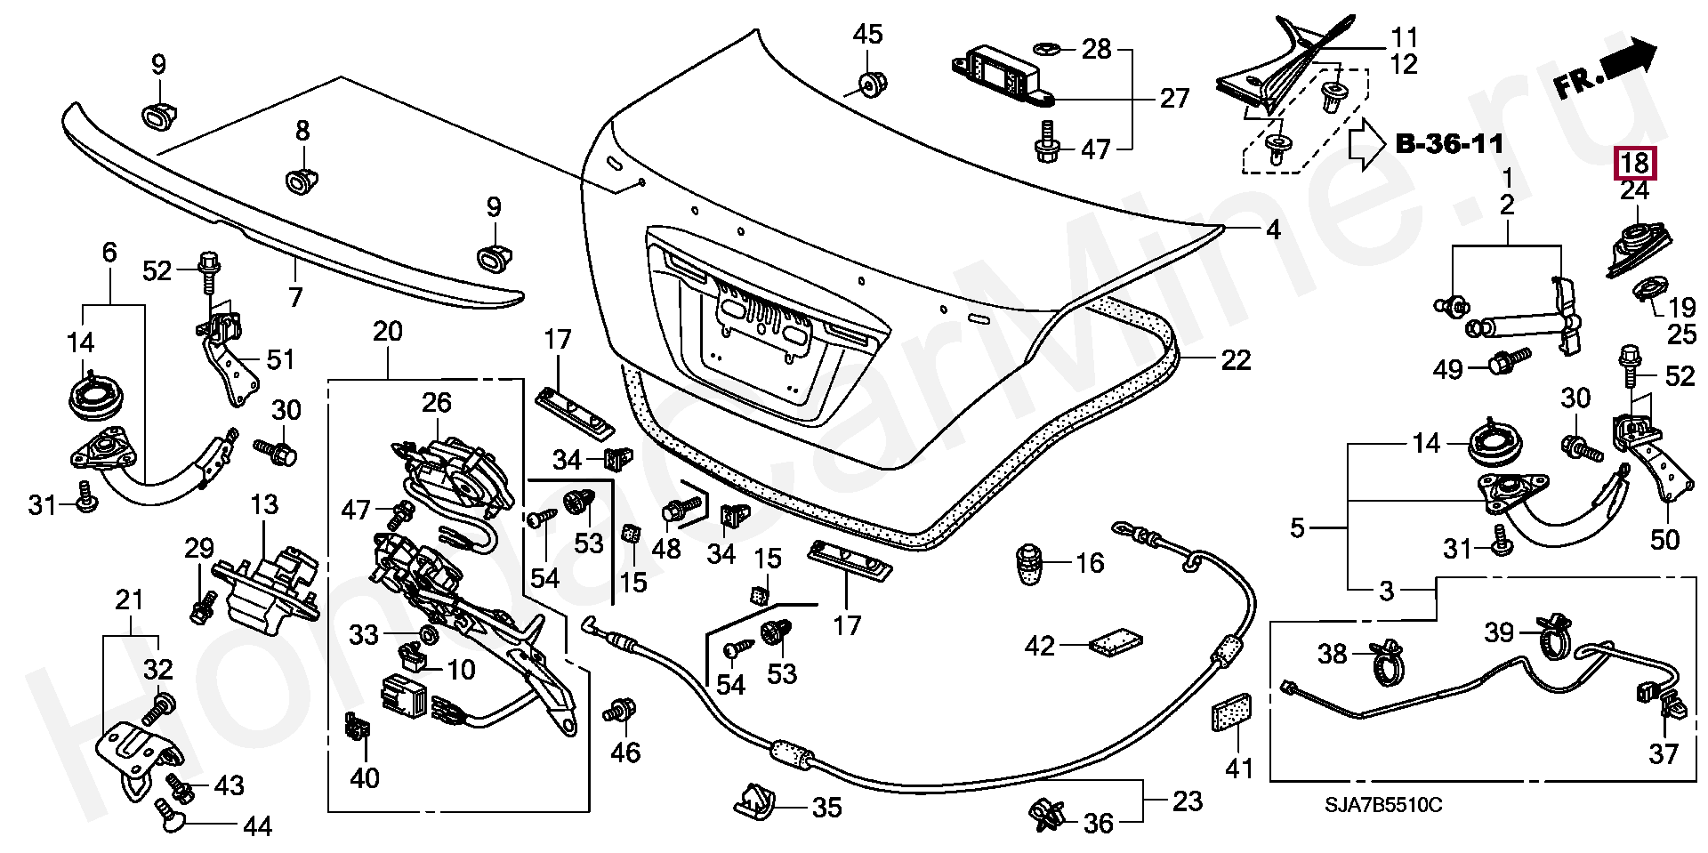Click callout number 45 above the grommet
pyautogui.click(x=867, y=35)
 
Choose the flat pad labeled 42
pyautogui.click(x=1117, y=642)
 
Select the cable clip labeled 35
pyautogui.click(x=754, y=803)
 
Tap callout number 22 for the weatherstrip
pyautogui.click(x=1236, y=360)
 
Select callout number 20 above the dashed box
pyautogui.click(x=388, y=332)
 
